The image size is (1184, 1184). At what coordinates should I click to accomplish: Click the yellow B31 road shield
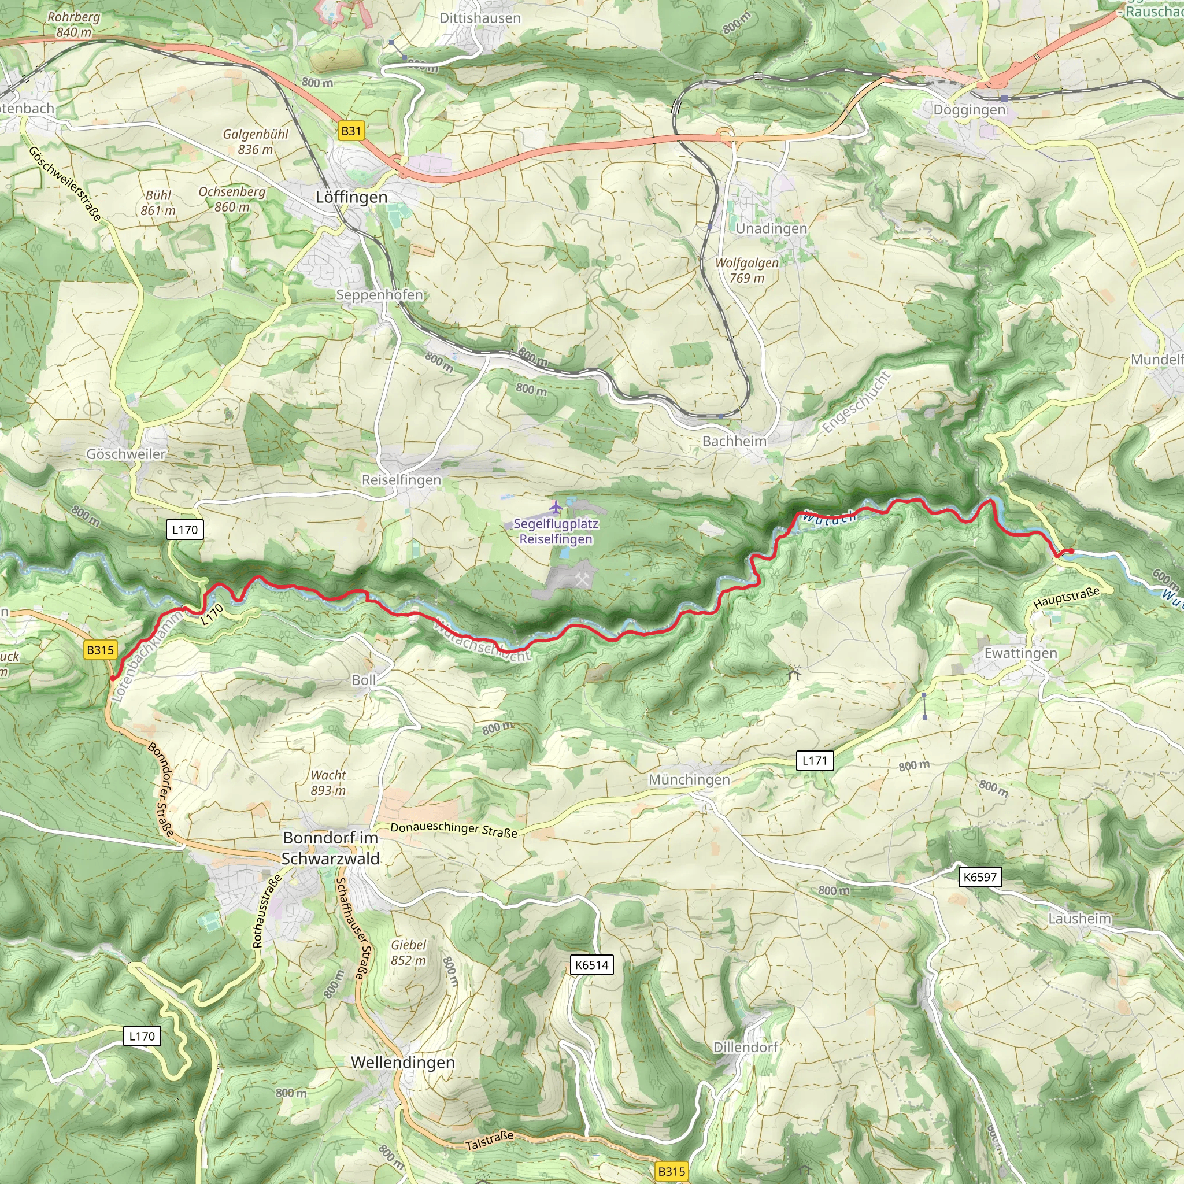pos(350,131)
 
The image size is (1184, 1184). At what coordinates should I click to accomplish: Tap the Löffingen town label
pos(351,197)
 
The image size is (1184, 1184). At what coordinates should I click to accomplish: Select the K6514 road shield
pos(591,965)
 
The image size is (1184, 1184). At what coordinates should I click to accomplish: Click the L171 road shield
pos(815,761)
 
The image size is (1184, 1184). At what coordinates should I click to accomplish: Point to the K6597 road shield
pos(979,877)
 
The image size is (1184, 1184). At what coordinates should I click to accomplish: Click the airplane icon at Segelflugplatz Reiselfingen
pos(556,508)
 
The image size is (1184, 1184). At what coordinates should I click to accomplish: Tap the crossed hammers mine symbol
pos(582,579)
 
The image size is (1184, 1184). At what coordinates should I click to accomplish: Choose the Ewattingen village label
pos(1020,653)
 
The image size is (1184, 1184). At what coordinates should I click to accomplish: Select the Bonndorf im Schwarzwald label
pos(330,848)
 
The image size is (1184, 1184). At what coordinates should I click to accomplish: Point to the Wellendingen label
pos(402,1062)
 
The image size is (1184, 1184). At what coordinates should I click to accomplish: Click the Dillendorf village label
pos(745,1047)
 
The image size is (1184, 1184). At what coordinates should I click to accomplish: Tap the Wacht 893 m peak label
pos(328,783)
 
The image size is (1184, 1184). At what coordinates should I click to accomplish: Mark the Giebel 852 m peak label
pos(408,952)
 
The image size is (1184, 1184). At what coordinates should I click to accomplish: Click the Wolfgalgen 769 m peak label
pos(746,270)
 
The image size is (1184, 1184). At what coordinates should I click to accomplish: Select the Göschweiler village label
pos(125,454)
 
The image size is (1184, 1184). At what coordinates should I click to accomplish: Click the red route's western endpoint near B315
pos(113,677)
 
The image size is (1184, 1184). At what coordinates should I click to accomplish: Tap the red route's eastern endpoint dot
pos(1071,551)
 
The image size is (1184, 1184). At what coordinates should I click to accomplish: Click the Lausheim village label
pos(1079,919)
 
